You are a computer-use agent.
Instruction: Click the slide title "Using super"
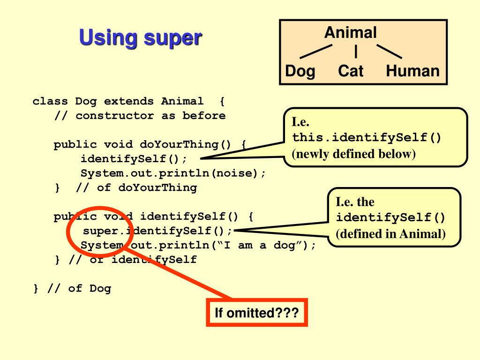point(139,38)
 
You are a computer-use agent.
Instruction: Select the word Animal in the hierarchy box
point(350,32)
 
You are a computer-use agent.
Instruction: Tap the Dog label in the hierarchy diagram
point(300,71)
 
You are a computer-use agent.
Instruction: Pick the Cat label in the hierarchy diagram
point(351,71)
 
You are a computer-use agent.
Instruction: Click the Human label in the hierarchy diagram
point(412,71)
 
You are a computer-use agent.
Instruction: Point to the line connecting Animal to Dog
point(316,52)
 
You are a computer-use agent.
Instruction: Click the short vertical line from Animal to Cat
point(356,50)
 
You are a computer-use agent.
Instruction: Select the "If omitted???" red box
point(256,312)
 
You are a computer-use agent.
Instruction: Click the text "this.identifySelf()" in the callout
point(367,138)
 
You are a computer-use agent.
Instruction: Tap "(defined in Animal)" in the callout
point(390,233)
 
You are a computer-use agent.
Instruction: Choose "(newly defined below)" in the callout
point(354,154)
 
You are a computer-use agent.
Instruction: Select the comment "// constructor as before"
point(140,115)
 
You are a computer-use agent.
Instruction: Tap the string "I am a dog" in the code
point(255,246)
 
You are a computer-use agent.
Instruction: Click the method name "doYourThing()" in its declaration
point(186,144)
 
